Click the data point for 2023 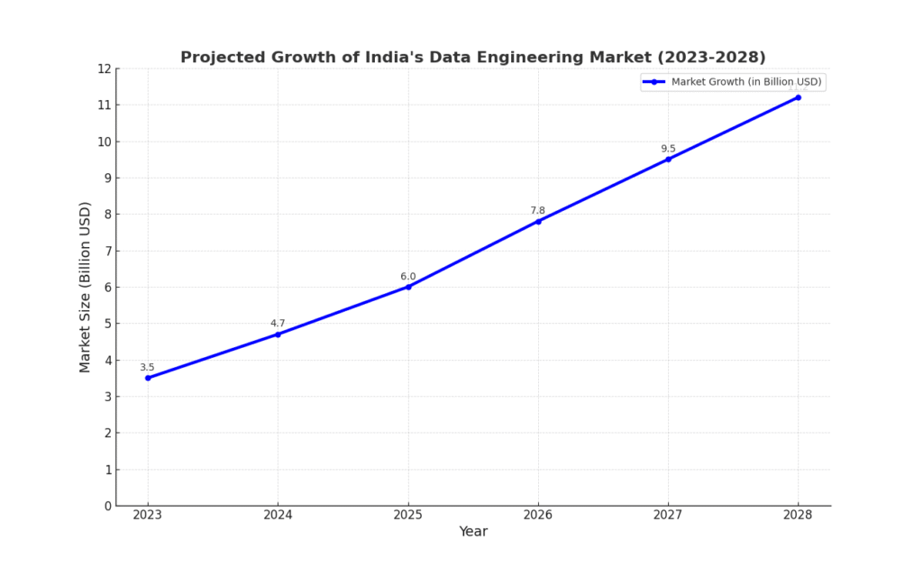pyautogui.click(x=148, y=378)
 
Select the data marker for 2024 pyautogui.click(x=278, y=334)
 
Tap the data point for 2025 pyautogui.click(x=408, y=287)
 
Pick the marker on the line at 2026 pyautogui.click(x=538, y=221)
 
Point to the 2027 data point pyautogui.click(x=668, y=160)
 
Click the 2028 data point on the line pyautogui.click(x=798, y=97)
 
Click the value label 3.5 pyautogui.click(x=147, y=367)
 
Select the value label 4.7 pyautogui.click(x=278, y=324)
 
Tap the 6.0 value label pyautogui.click(x=408, y=277)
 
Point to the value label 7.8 pyautogui.click(x=538, y=211)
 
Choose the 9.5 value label pyautogui.click(x=668, y=149)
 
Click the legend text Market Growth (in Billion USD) pyautogui.click(x=746, y=82)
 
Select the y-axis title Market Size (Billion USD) pyautogui.click(x=86, y=287)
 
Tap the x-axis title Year pyautogui.click(x=473, y=532)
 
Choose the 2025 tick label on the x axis pyautogui.click(x=408, y=515)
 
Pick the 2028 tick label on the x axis pyautogui.click(x=798, y=515)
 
